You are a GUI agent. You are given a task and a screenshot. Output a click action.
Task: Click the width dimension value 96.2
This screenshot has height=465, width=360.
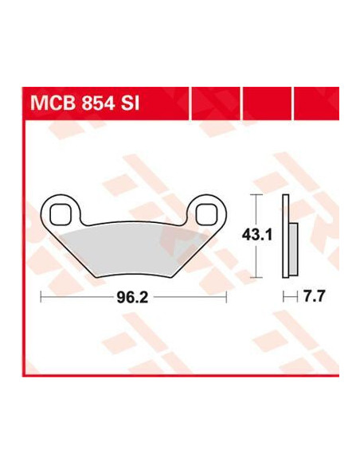tap(132, 297)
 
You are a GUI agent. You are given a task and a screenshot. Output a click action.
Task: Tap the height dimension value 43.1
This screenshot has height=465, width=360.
tap(256, 235)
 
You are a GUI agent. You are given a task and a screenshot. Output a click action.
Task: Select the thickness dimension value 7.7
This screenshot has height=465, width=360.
tap(314, 296)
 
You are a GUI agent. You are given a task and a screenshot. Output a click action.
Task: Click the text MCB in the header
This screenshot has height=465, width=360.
tap(53, 104)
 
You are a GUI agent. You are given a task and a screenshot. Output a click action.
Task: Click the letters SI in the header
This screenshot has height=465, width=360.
tap(130, 104)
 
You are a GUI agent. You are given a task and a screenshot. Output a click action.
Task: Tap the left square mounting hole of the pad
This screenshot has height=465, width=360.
tap(61, 214)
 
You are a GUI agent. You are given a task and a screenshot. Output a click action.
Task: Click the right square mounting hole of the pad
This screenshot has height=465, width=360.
tap(206, 214)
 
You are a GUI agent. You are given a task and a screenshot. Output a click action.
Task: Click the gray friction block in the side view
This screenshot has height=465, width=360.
tap(293, 249)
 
